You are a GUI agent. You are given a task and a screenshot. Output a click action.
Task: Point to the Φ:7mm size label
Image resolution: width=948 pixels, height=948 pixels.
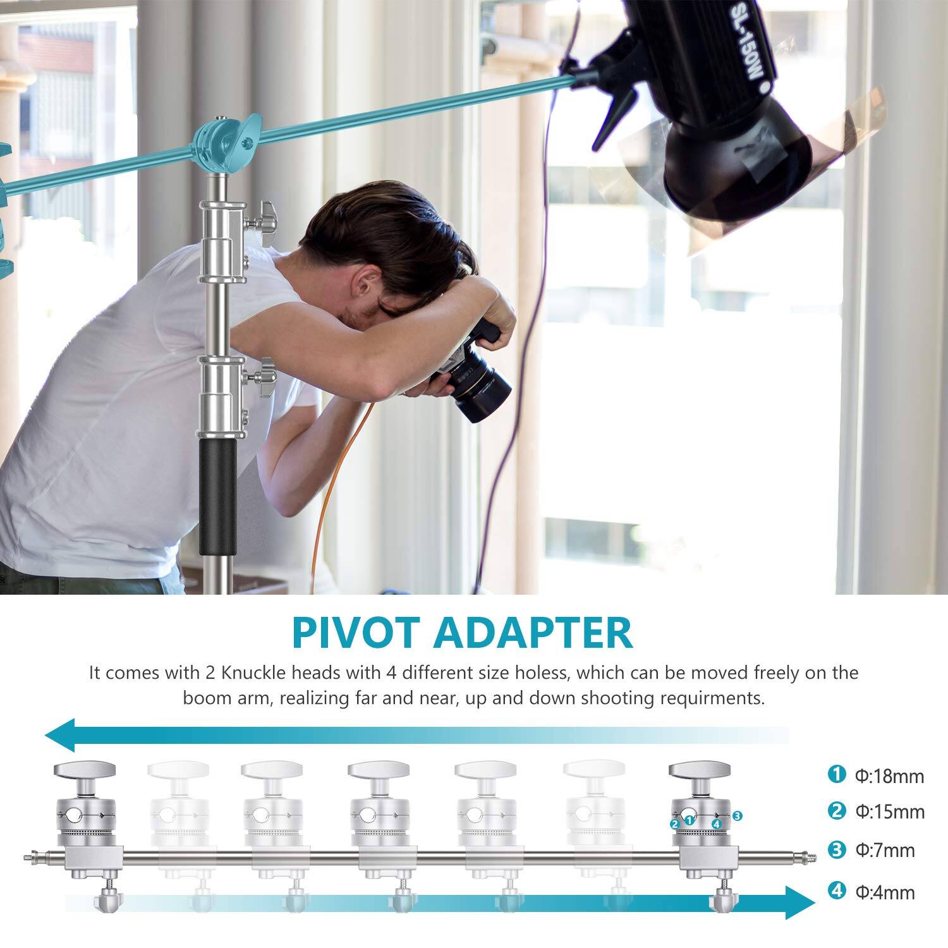(885, 851)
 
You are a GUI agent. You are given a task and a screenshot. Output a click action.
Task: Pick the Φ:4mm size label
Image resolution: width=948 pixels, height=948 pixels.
(885, 892)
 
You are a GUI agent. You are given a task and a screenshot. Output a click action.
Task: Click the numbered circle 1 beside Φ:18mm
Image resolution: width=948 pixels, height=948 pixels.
(837, 774)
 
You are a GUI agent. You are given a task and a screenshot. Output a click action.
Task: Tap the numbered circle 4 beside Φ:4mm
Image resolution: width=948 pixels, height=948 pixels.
(837, 892)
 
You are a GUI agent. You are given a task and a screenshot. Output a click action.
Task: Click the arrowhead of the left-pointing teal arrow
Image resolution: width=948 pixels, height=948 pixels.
(61, 735)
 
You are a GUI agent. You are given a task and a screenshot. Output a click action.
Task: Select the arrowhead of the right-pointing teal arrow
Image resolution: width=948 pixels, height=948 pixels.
(800, 902)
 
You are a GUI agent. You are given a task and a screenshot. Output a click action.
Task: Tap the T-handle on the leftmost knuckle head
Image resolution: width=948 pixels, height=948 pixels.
(85, 770)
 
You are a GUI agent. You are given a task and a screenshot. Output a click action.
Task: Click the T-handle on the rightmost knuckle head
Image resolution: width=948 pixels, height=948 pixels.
(700, 770)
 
